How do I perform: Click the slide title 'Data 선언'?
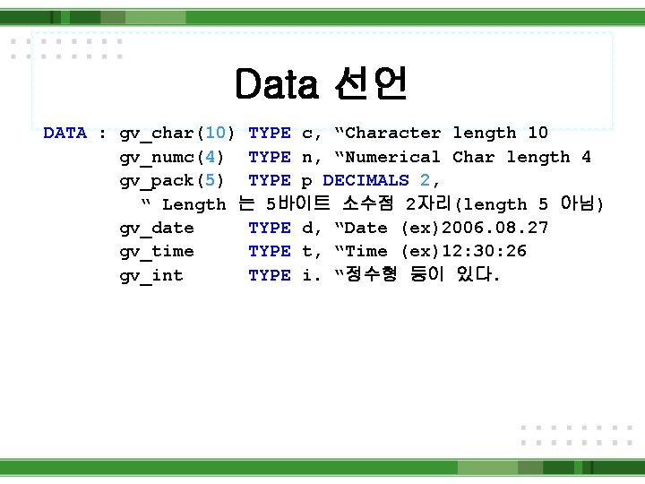pos(322,85)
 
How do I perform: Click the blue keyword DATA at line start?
pos(65,134)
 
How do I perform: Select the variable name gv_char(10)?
pos(177,134)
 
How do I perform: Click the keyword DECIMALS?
pos(365,180)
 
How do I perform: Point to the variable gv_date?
pos(157,228)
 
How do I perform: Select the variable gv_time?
pos(157,251)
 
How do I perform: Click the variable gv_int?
pos(151,275)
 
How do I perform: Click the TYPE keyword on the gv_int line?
pos(269,275)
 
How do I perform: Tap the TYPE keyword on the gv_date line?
pos(269,228)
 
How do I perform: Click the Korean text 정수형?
pos(371,275)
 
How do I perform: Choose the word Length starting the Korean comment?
pos(193,204)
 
